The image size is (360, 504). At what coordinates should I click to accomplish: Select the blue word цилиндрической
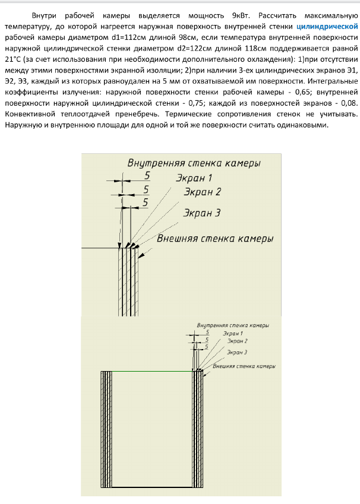[327, 27]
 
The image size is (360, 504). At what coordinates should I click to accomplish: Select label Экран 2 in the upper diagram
[202, 192]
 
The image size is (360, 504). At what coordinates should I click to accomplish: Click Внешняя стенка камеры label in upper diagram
[214, 239]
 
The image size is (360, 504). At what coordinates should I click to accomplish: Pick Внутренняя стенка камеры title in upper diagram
[194, 163]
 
